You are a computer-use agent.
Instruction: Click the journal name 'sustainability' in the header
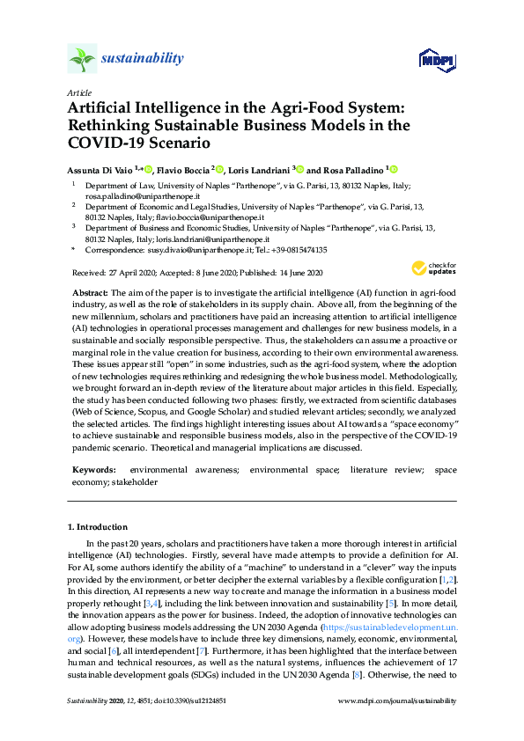click(x=142, y=59)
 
